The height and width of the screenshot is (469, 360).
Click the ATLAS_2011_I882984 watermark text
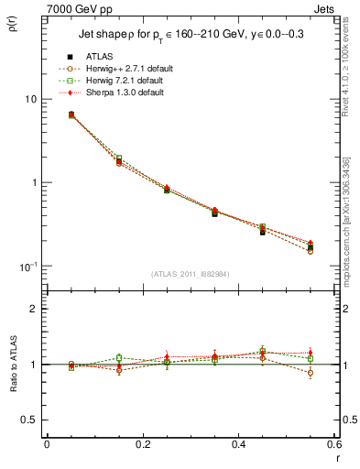190,274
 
